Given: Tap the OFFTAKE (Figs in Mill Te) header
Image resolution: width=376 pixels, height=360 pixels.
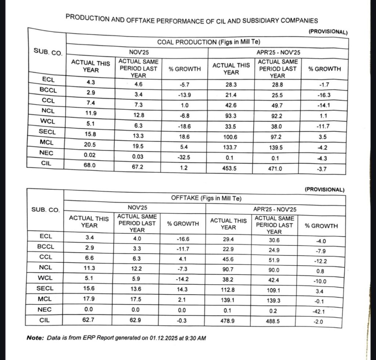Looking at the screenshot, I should click(206, 198).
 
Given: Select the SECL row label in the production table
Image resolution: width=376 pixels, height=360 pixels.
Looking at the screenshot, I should click(47, 131).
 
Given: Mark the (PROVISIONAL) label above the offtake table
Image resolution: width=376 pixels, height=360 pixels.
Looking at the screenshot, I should click(325, 190).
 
